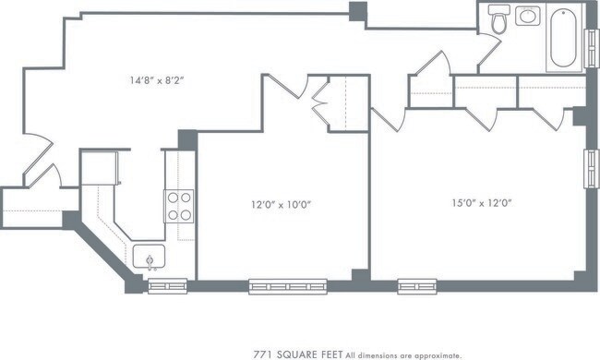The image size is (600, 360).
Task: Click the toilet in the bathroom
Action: click(499, 18)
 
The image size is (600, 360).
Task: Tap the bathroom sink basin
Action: click(528, 16)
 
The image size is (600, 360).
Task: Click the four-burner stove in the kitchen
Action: click(178, 206)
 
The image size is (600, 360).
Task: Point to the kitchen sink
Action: click(149, 257)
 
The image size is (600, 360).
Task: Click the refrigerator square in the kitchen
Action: click(100, 168)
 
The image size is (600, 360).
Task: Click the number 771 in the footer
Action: click(264, 354)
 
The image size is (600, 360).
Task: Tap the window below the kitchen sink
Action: click(168, 285)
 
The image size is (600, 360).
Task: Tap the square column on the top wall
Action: click(357, 13)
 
